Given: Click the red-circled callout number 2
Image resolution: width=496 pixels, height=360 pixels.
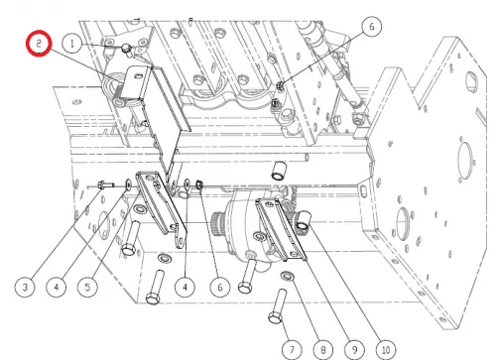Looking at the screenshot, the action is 39,44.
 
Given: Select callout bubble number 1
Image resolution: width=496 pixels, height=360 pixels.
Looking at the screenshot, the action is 72,44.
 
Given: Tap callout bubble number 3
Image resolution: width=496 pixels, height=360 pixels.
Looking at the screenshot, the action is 25,287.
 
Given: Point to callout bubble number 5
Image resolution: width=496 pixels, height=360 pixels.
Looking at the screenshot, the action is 87,287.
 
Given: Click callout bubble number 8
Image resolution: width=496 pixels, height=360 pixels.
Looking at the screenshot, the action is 323,350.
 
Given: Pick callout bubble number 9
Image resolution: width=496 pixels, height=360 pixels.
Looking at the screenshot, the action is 354,350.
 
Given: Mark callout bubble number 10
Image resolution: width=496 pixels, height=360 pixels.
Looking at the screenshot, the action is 386,350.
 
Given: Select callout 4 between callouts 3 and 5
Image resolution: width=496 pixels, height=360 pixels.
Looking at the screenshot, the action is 57,287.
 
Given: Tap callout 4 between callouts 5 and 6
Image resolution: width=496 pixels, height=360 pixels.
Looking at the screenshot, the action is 186,287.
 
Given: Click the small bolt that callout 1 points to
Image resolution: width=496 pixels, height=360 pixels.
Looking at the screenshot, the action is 126,49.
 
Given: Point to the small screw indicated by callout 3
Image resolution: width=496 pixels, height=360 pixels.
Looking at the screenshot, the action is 105,184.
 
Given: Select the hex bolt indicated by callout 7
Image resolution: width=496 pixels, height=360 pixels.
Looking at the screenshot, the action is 278,306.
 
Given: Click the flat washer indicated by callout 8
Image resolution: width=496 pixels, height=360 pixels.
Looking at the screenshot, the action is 288,276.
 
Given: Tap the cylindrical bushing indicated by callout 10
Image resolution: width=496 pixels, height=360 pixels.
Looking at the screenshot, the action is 304,221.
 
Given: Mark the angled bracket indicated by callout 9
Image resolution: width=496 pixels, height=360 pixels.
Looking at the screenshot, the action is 281,229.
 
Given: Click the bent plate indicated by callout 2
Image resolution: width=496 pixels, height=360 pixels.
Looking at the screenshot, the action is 152,109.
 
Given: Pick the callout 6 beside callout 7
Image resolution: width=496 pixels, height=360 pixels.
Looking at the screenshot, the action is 220,287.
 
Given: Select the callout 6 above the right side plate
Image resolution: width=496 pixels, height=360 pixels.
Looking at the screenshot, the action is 372,27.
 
